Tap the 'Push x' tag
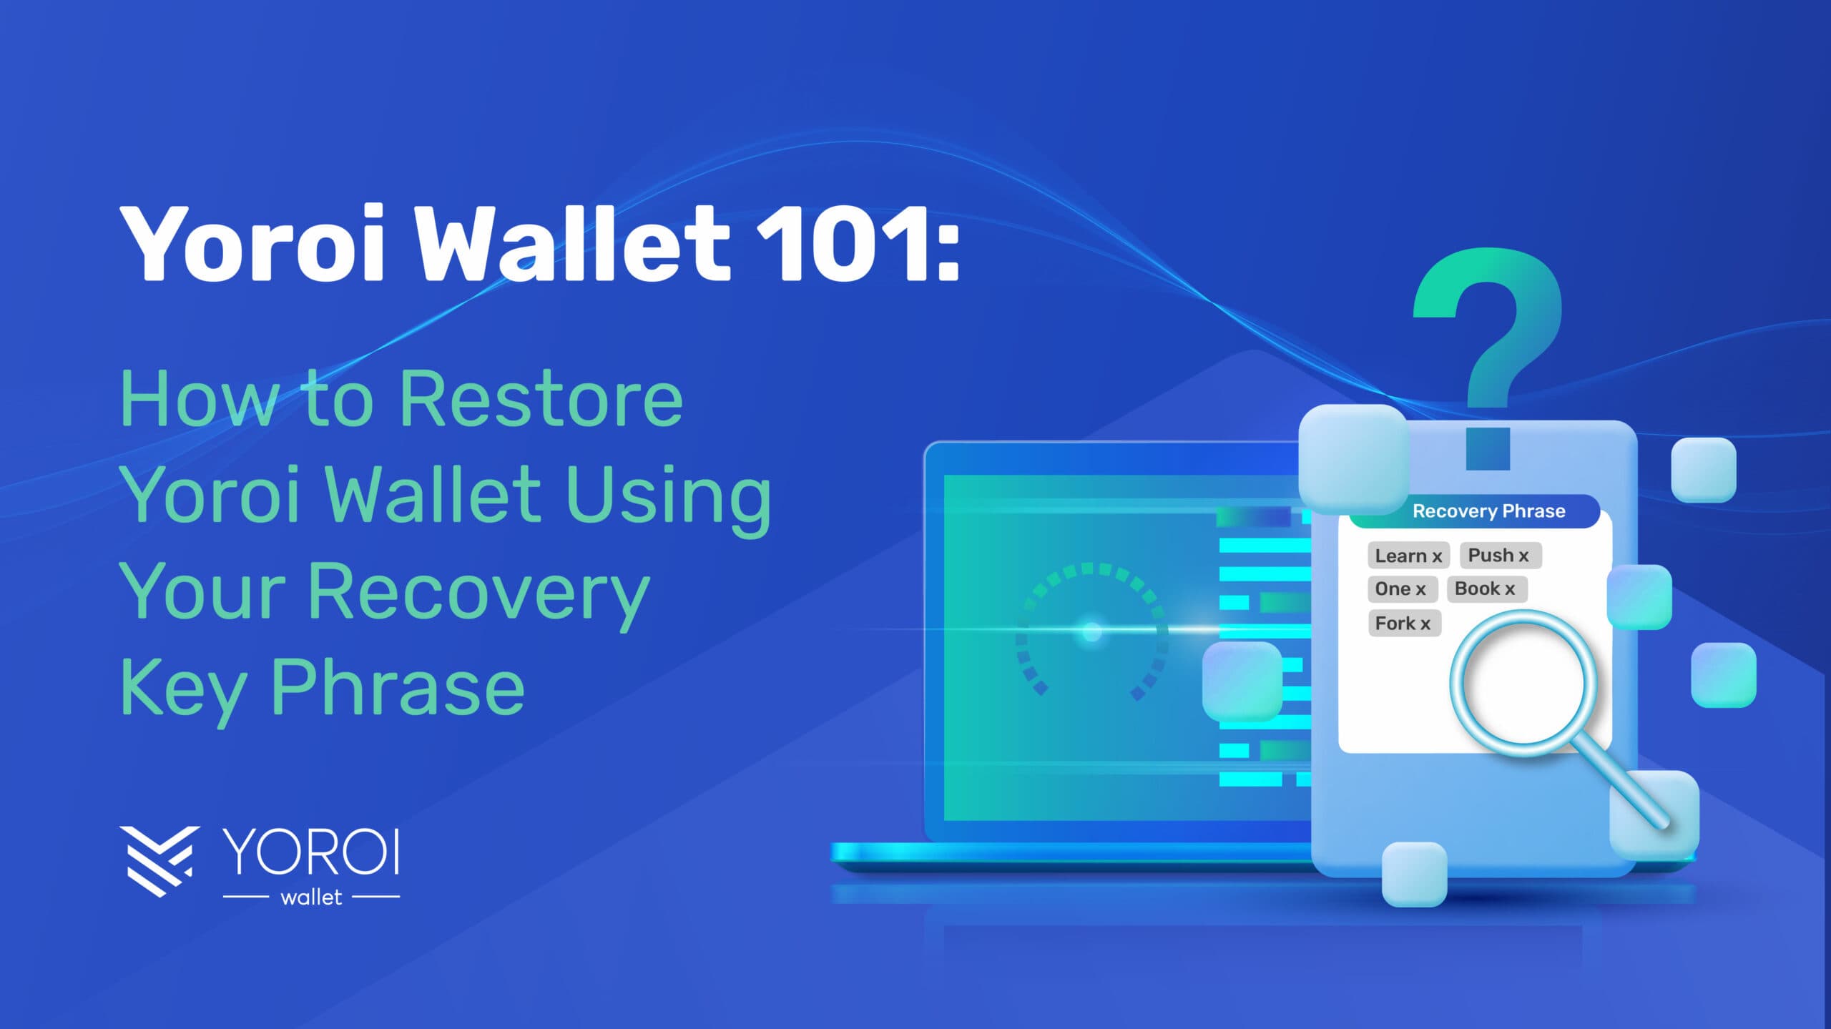pos(1500,555)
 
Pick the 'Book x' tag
pos(1486,589)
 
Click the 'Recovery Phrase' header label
pos(1489,511)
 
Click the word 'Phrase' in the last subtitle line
pos(398,687)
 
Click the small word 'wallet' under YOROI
pos(311,897)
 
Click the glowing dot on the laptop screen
pos(1091,631)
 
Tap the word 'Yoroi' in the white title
pos(254,243)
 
